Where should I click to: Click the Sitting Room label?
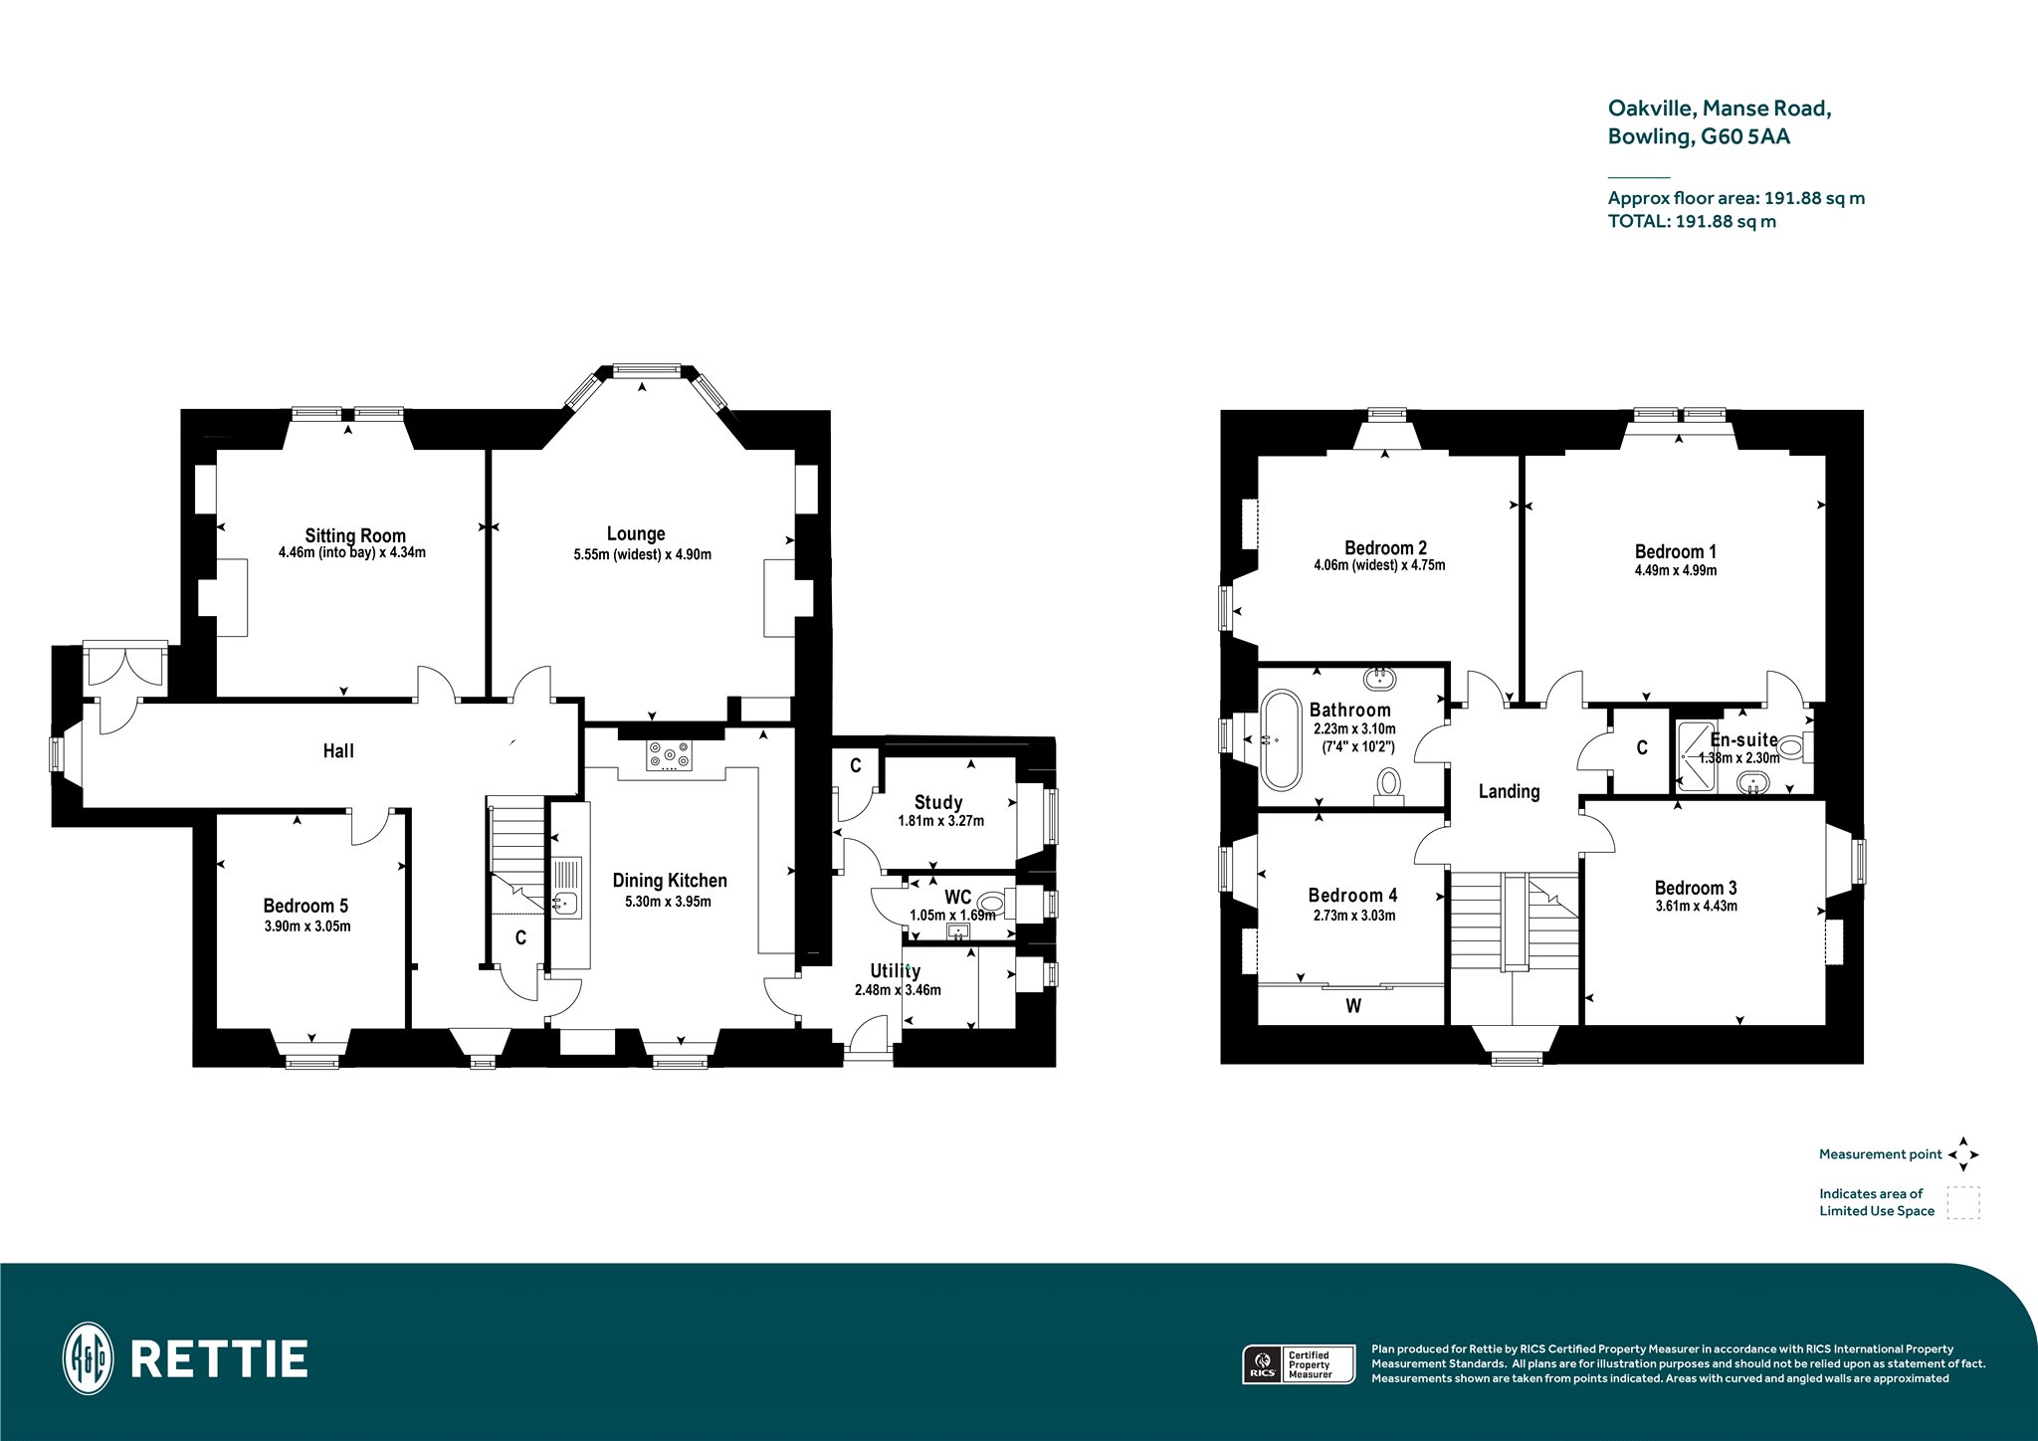tap(355, 535)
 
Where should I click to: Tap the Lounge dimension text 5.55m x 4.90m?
tap(642, 555)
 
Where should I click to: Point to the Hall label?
tap(338, 751)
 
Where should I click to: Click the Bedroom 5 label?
tap(306, 906)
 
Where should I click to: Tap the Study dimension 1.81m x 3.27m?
tap(940, 822)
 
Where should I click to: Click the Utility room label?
tap(896, 971)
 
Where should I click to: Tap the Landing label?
tap(1509, 791)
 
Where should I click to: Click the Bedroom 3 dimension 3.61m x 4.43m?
tap(1696, 907)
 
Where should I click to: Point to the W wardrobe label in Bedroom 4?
tap(1353, 1006)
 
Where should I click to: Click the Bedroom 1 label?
tap(1676, 551)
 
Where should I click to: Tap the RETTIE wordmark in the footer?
tap(219, 1359)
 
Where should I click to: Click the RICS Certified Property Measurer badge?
tap(1300, 1363)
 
